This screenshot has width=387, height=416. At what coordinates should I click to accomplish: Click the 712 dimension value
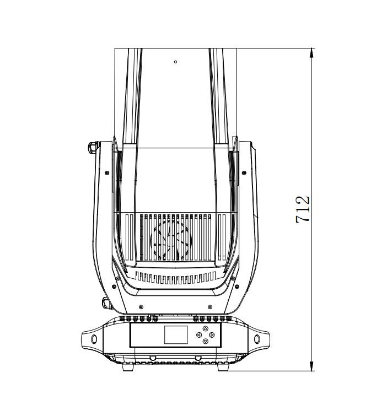(303, 209)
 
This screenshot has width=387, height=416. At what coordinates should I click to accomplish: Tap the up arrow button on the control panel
(205, 329)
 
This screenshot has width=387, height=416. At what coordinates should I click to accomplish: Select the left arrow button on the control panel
(199, 335)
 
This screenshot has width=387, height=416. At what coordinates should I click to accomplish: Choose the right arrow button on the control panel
(212, 335)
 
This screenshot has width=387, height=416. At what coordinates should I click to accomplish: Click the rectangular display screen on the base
(176, 335)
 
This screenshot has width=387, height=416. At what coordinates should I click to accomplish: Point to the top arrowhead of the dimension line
(311, 52)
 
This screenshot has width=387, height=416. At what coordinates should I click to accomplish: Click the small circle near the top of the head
(175, 62)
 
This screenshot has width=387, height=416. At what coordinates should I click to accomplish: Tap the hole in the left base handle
(94, 339)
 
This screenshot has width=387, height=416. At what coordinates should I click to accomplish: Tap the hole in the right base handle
(257, 339)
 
